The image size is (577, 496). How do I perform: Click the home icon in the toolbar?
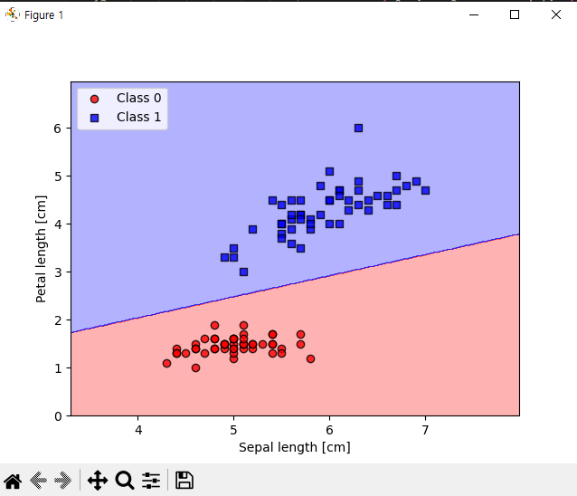pos(13,481)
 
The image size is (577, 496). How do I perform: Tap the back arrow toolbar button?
pos(38,481)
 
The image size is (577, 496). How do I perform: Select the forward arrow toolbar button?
pos(62,481)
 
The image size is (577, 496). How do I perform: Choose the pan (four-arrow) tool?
pos(98,481)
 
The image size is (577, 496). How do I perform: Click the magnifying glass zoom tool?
pos(125,481)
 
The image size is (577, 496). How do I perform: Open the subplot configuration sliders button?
pos(151,481)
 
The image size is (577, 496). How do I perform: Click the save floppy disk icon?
pos(184,481)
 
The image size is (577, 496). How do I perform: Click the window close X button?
pos(554,14)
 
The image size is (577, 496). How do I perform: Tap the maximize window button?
pos(515,14)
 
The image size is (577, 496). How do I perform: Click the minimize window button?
pos(474,14)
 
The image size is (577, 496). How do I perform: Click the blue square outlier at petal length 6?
pos(358,128)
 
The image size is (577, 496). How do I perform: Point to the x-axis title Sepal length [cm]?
pos(294,447)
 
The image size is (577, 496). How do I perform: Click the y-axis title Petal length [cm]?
pos(41,249)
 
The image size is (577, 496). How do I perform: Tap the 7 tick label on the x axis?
pos(425,429)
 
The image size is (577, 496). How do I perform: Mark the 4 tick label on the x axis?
pos(138,429)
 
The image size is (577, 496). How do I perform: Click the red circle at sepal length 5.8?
pos(310,358)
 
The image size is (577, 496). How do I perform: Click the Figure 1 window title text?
pos(43,15)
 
